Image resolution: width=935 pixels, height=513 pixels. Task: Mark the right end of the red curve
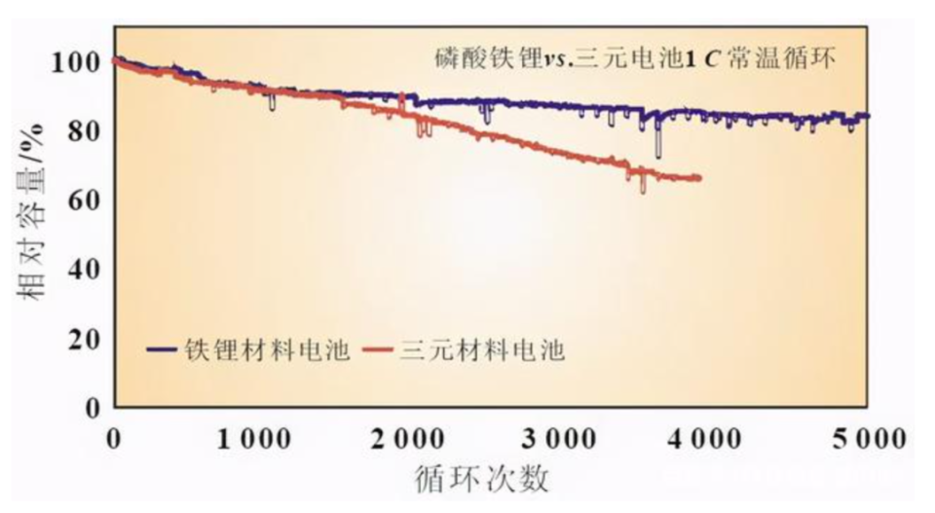[x=699, y=177]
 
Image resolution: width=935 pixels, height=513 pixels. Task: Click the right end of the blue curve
[x=868, y=116]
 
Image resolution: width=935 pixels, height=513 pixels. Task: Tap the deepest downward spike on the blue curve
[x=658, y=156]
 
